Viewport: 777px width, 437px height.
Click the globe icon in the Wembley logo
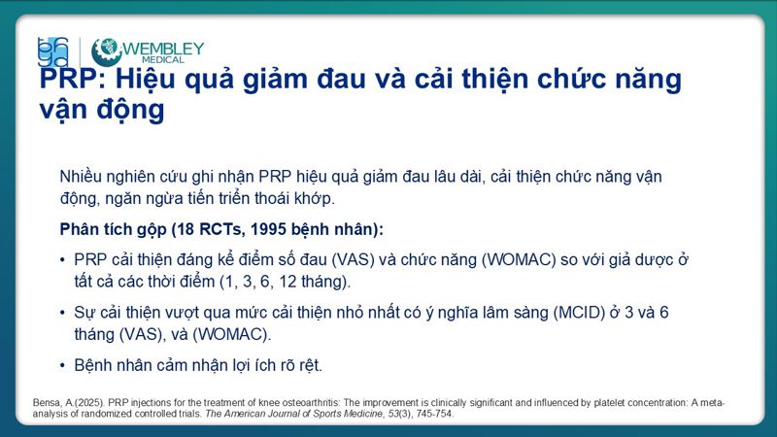click(106, 51)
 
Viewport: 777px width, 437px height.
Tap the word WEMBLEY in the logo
click(163, 48)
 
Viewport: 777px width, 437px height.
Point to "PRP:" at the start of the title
click(72, 79)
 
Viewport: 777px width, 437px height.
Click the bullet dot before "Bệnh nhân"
click(64, 367)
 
